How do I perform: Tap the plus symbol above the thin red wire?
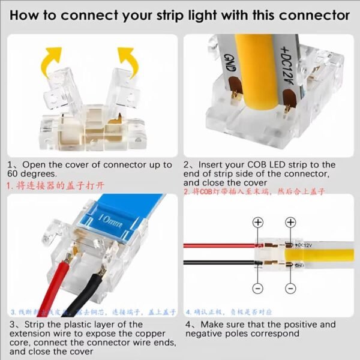[x=258, y=223]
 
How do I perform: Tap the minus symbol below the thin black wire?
[x=258, y=289]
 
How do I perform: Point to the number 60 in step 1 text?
[x=14, y=174]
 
